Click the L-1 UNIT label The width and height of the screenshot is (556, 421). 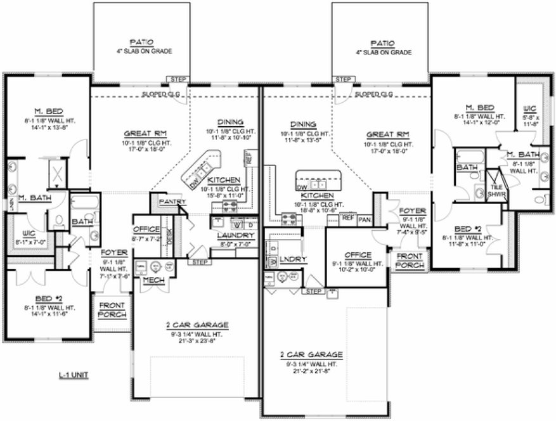point(73,375)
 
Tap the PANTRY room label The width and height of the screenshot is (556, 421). point(171,202)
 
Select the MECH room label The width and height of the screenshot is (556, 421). point(150,279)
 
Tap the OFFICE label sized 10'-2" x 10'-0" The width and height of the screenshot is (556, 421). point(357,255)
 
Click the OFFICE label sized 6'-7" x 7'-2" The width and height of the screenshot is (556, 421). point(146,230)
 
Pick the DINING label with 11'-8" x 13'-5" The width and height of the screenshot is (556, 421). point(303,124)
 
